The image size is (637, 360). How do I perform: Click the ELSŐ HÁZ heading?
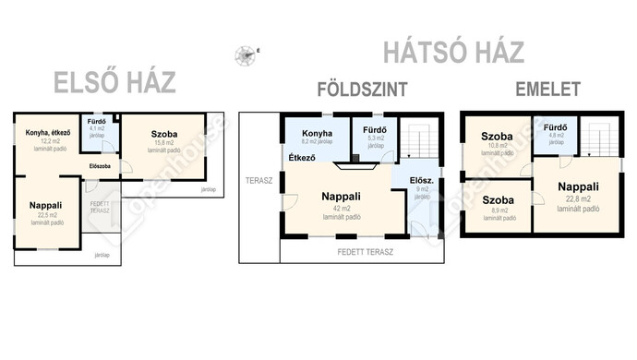(115, 83)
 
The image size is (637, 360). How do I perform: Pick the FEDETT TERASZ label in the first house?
(100, 206)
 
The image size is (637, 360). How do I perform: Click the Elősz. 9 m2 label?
(421, 183)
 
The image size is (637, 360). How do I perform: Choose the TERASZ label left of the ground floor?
(258, 181)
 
